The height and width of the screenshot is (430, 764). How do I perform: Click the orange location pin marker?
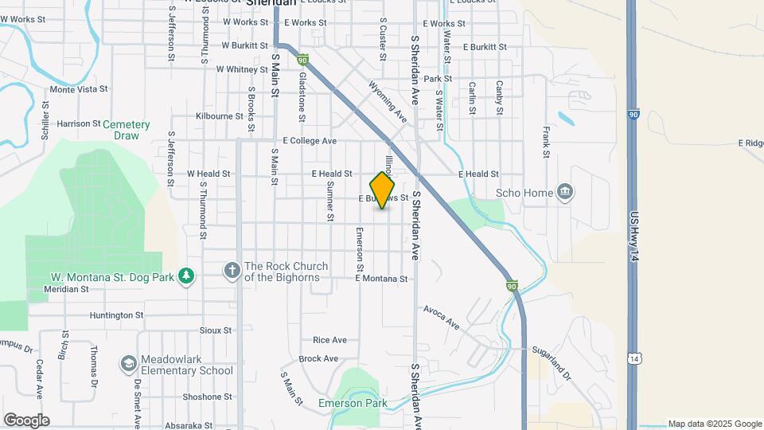coord(382,190)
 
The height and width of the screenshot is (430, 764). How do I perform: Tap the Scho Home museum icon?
coord(565,192)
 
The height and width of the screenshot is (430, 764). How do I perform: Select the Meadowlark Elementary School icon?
coord(128,364)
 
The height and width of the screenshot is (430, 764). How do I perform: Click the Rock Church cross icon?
coord(232,271)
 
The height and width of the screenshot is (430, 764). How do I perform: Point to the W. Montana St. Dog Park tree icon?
coord(186,276)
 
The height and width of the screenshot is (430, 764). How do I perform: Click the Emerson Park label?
coord(353,403)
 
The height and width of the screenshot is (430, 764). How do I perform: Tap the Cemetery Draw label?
coord(127,130)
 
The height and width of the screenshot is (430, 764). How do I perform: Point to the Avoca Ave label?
coord(442,318)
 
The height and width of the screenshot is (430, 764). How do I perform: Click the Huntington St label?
coord(116,315)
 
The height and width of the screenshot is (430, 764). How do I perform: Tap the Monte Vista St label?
coord(79,90)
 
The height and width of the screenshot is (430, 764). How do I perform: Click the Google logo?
coord(26,420)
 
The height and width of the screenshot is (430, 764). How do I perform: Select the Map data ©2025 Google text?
coord(714,424)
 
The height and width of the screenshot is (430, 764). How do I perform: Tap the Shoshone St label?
coord(207,397)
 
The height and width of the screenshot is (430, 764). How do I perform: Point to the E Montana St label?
coord(381,279)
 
